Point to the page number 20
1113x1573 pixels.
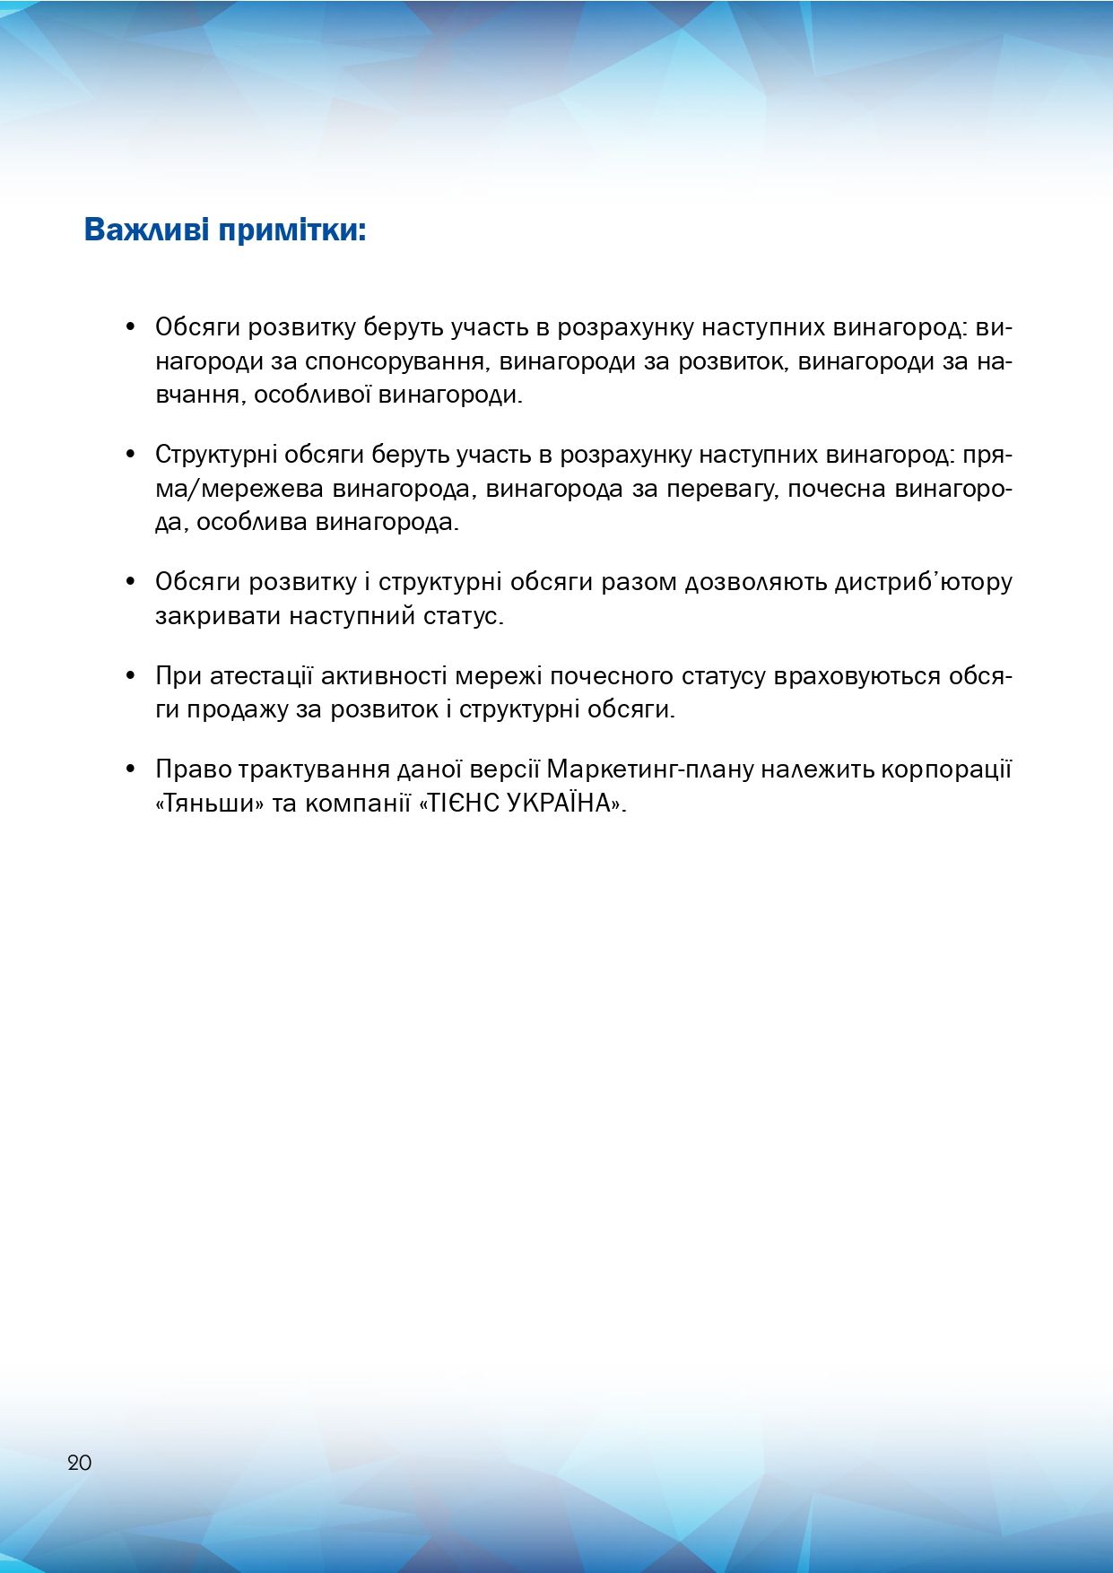[x=79, y=1462]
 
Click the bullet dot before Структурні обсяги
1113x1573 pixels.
[x=131, y=455]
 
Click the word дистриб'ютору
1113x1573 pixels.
[x=923, y=583]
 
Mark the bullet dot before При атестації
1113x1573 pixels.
[x=131, y=675]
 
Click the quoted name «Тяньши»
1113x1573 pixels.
[x=209, y=804]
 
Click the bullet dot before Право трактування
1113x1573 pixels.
[x=131, y=769]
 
